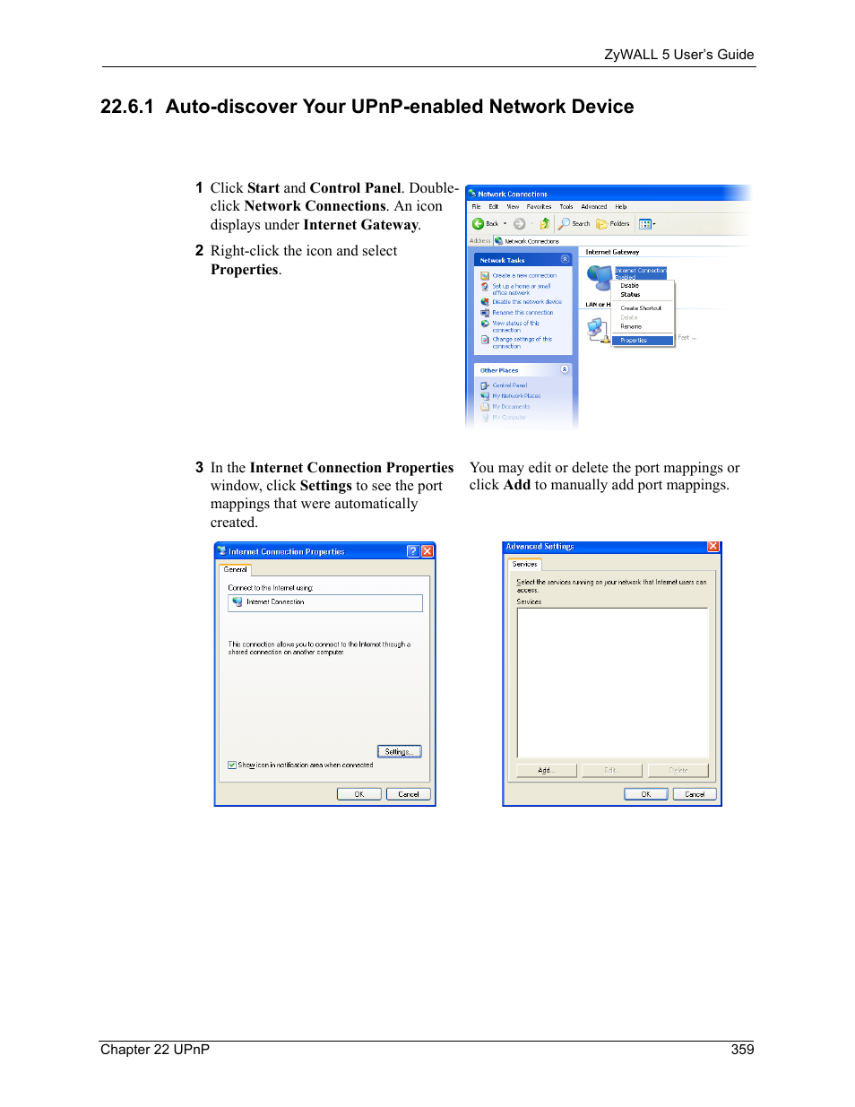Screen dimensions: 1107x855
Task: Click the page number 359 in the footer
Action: click(x=742, y=1049)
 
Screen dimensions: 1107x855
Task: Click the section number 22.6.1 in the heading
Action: click(x=126, y=107)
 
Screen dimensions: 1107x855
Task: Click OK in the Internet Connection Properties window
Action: click(x=358, y=794)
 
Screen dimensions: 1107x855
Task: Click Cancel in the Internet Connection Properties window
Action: click(x=408, y=794)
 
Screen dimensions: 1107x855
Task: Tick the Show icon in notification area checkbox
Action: click(x=232, y=765)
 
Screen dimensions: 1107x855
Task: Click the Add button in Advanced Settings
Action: click(x=545, y=771)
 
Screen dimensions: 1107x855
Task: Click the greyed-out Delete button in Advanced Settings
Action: click(x=678, y=771)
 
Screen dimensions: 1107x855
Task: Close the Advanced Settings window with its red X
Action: click(x=713, y=546)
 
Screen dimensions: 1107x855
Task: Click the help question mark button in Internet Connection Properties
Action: click(x=412, y=551)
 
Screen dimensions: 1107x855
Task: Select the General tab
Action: click(x=236, y=570)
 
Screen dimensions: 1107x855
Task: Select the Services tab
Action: click(x=525, y=565)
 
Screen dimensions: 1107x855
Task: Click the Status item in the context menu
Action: click(x=631, y=295)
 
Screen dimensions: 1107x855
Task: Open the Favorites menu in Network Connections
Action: click(x=539, y=207)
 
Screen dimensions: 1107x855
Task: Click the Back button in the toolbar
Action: click(x=485, y=224)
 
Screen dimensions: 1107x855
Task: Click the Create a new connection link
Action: click(x=524, y=276)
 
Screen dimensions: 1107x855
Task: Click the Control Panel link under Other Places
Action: click(x=509, y=385)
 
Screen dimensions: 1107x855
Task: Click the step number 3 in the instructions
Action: click(x=199, y=468)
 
